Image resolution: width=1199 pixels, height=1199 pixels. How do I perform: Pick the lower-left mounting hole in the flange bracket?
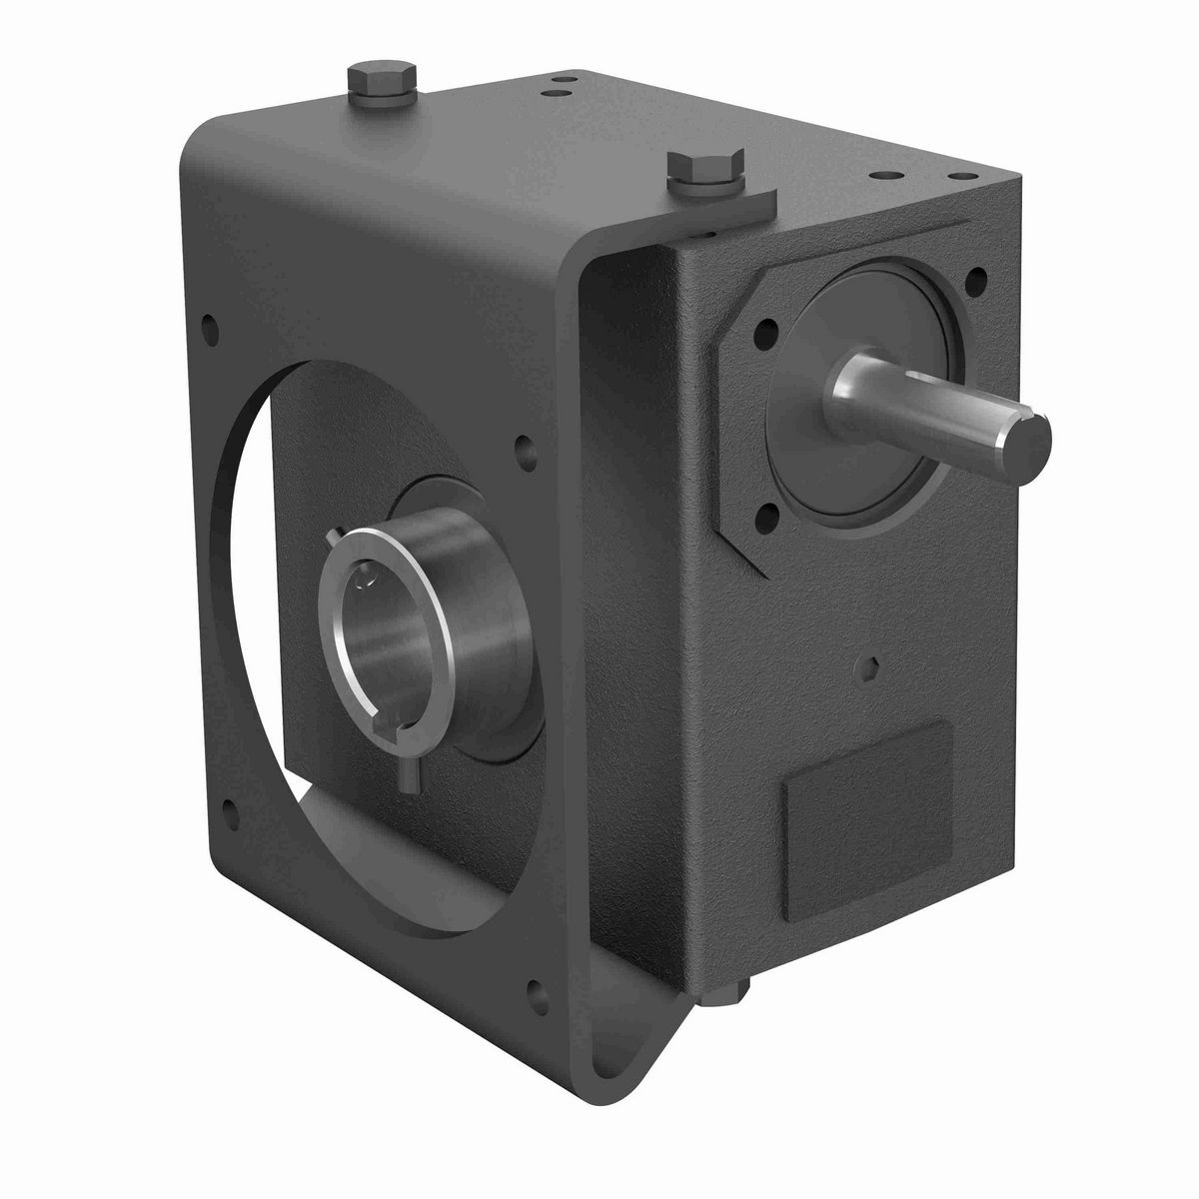click(231, 805)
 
